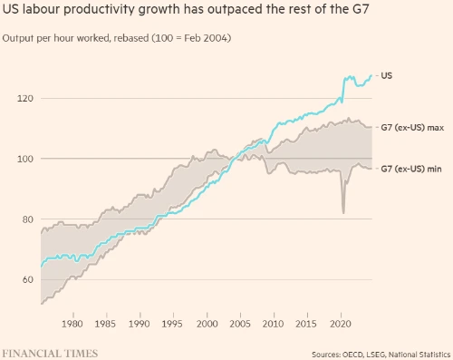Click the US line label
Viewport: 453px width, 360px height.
386,75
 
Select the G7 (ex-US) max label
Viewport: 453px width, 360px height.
412,128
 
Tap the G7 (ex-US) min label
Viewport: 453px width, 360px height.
411,169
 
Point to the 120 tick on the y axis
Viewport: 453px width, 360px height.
25,99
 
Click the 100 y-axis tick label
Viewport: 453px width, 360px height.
25,159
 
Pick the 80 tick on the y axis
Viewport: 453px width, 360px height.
28,219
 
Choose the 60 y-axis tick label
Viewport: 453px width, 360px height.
28,279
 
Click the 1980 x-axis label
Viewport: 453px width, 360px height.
72,324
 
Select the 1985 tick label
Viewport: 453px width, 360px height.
105,324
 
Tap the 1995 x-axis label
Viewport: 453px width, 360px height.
172,324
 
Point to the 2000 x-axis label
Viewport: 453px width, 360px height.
207,324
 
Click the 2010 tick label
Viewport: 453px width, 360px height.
273,324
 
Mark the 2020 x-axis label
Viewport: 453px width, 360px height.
341,324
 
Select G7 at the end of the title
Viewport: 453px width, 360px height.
361,9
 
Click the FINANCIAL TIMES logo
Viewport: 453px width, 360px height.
50,354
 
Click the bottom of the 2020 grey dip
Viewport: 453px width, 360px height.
343,213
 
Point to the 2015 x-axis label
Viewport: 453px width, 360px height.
306,324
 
